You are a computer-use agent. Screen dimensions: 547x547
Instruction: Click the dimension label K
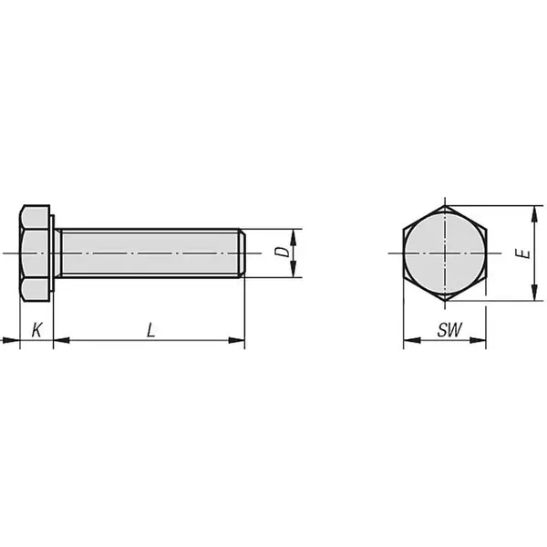pyautogui.click(x=36, y=329)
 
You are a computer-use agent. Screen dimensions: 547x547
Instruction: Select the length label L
pyautogui.click(x=150, y=329)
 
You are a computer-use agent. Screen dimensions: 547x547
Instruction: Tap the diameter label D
pyautogui.click(x=284, y=251)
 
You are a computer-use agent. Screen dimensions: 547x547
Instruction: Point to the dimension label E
pyautogui.click(x=519, y=253)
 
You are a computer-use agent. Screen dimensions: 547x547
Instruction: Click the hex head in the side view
pyautogui.click(x=35, y=252)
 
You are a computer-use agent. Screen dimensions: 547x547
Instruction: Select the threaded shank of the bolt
pyautogui.click(x=146, y=252)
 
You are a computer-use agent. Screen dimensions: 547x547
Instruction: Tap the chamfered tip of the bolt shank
pyautogui.click(x=242, y=252)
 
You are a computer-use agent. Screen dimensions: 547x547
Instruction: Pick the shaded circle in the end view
pyautogui.click(x=444, y=252)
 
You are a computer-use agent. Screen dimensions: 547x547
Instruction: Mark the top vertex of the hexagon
pyautogui.click(x=444, y=205)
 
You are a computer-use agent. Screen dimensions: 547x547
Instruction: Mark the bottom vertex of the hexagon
pyautogui.click(x=444, y=300)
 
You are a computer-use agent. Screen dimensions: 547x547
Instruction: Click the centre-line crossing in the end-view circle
pyautogui.click(x=444, y=252)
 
